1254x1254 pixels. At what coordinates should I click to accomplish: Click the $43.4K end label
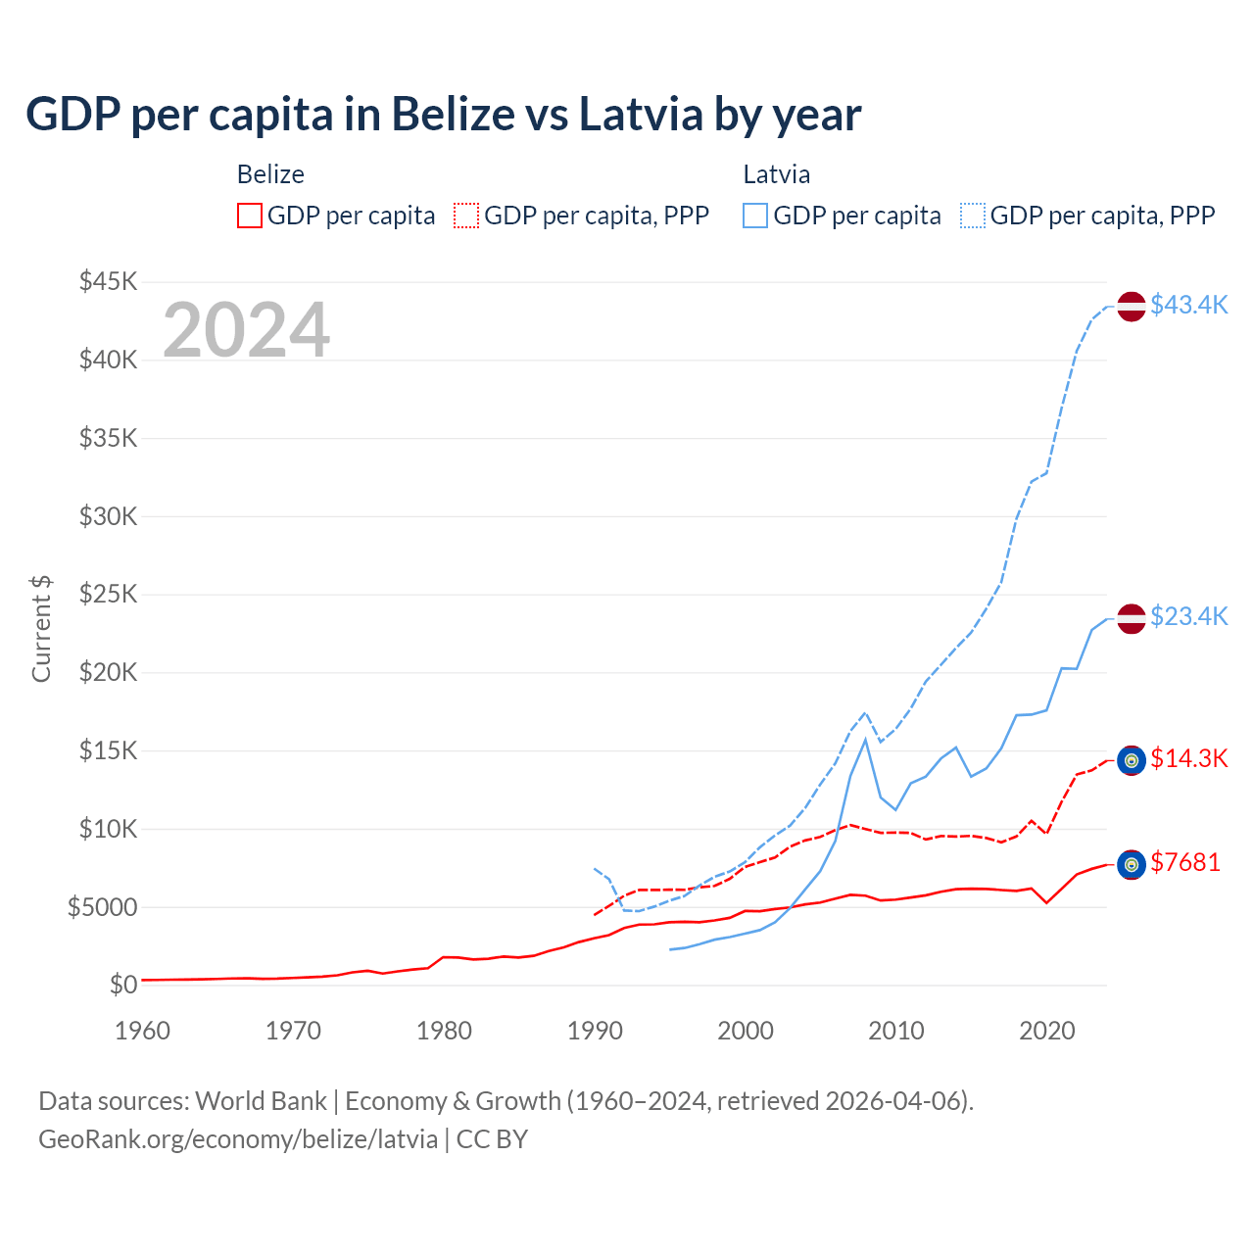(x=1188, y=305)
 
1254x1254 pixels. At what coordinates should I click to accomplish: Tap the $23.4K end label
(x=1188, y=616)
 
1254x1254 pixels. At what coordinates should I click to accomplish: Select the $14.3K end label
(x=1188, y=758)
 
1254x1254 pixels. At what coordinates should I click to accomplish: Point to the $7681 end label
(x=1185, y=862)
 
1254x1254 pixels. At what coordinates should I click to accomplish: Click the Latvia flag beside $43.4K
(x=1132, y=306)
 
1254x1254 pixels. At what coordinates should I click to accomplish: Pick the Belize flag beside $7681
(x=1132, y=864)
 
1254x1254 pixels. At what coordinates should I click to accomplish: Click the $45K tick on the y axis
(x=109, y=282)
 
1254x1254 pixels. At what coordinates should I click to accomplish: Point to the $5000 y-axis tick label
(x=103, y=907)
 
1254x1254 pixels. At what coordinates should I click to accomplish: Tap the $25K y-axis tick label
(x=109, y=595)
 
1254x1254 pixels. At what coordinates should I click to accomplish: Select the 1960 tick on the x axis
(x=143, y=1031)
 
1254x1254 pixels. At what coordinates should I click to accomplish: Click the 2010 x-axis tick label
(x=896, y=1031)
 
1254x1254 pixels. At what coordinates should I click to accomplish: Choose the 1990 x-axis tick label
(x=595, y=1031)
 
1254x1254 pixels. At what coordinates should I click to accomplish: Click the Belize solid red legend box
(x=250, y=216)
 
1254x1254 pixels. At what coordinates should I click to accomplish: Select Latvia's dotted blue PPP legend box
(x=973, y=216)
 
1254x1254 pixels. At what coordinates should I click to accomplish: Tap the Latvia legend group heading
(x=777, y=174)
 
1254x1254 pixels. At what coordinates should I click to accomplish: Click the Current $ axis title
(x=41, y=629)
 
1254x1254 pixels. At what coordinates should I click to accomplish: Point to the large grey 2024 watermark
(x=246, y=330)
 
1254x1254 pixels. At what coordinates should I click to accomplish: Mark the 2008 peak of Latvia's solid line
(x=865, y=740)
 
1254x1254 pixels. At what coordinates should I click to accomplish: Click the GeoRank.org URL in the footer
(x=238, y=1139)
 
